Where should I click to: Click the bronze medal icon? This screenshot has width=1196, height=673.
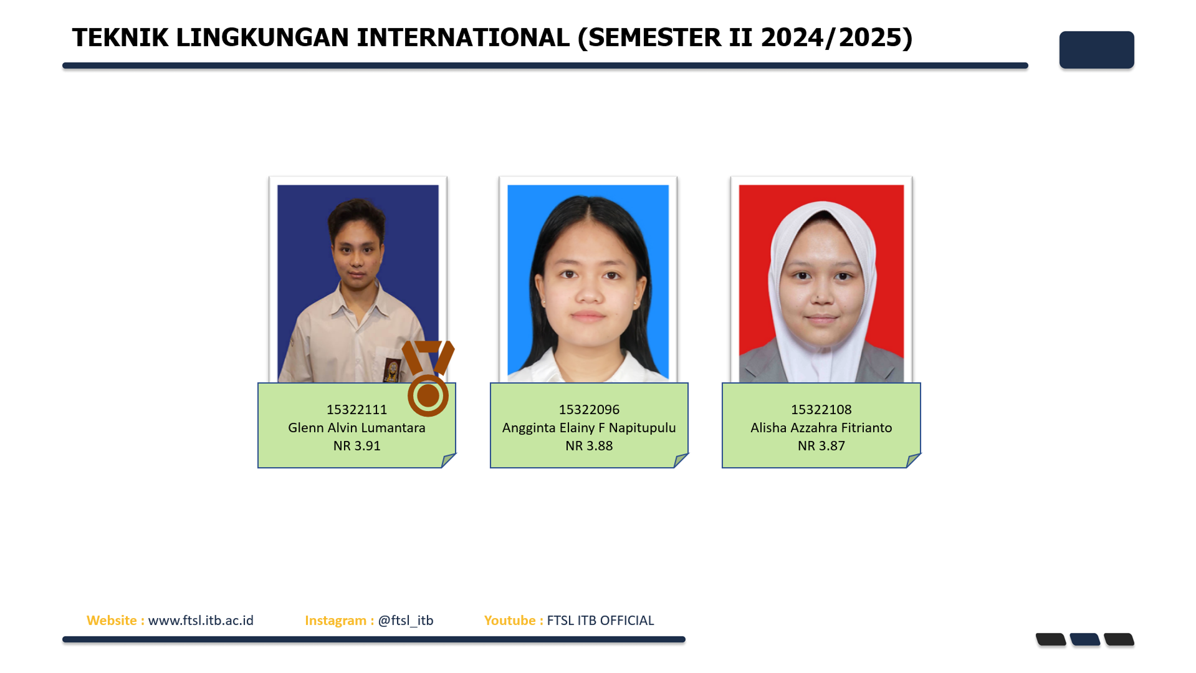pyautogui.click(x=428, y=378)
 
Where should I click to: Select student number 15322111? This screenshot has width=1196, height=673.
pyautogui.click(x=356, y=410)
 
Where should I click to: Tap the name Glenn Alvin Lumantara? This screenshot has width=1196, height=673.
pyautogui.click(x=356, y=428)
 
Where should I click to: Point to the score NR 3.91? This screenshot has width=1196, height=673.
pyautogui.click(x=356, y=446)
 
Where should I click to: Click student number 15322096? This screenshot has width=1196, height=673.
pyautogui.click(x=589, y=410)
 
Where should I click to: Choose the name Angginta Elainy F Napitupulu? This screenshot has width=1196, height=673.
pyautogui.click(x=589, y=428)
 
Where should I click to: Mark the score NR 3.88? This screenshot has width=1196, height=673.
pyautogui.click(x=589, y=446)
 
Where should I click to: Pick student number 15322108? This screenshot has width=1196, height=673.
pyautogui.click(x=821, y=410)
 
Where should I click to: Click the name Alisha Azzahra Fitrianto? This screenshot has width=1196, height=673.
pyautogui.click(x=821, y=428)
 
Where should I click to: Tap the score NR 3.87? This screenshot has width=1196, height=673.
pyautogui.click(x=821, y=446)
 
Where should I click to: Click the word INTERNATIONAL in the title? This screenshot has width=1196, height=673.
pyautogui.click(x=463, y=37)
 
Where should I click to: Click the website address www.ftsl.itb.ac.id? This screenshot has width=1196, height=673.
pyautogui.click(x=201, y=621)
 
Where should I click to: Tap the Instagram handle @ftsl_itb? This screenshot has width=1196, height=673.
pyautogui.click(x=406, y=621)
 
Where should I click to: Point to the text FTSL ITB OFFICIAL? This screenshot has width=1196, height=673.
pyautogui.click(x=600, y=621)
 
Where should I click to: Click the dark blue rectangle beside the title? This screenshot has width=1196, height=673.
pyautogui.click(x=1096, y=50)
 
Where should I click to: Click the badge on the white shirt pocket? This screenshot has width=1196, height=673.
pyautogui.click(x=392, y=370)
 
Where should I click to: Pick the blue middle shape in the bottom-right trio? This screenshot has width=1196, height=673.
pyautogui.click(x=1084, y=639)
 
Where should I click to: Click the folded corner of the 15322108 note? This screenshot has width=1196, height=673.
pyautogui.click(x=913, y=460)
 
